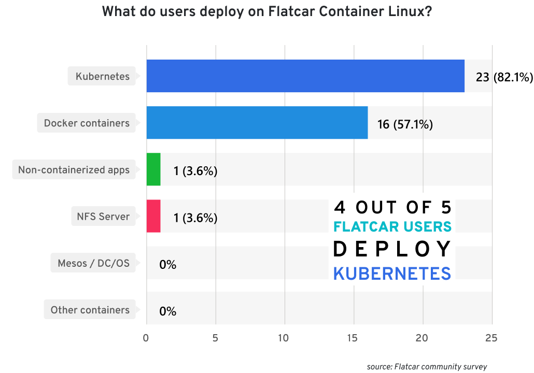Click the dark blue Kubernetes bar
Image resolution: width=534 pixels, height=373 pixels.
pos(305,76)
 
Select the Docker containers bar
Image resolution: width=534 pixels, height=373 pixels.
pos(257,123)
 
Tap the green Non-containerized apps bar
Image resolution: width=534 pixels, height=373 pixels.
pos(153,169)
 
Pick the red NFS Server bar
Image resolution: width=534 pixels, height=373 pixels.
pos(153,216)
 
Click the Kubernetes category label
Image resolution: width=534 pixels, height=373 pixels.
pos(103,77)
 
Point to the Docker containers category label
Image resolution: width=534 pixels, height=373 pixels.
pos(87,123)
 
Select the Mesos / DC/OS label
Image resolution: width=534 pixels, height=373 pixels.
pos(93,263)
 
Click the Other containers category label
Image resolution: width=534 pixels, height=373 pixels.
pos(90,310)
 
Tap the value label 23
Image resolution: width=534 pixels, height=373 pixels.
pos(482,78)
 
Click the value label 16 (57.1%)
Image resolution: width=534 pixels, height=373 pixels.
pos(405,124)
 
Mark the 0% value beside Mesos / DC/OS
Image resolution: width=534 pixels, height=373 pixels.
pos(167,265)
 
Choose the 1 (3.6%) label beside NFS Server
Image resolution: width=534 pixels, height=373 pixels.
pos(195,218)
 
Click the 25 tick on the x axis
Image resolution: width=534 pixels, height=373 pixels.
pos(491,338)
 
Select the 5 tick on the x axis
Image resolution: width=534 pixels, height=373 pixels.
pos(215,338)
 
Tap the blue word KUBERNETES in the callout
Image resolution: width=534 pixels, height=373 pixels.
pos(392,274)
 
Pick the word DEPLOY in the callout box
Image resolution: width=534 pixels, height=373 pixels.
pos(392,250)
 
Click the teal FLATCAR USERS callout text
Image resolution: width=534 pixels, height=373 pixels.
pos(392,227)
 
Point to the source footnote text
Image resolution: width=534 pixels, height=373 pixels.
pos(427,366)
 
